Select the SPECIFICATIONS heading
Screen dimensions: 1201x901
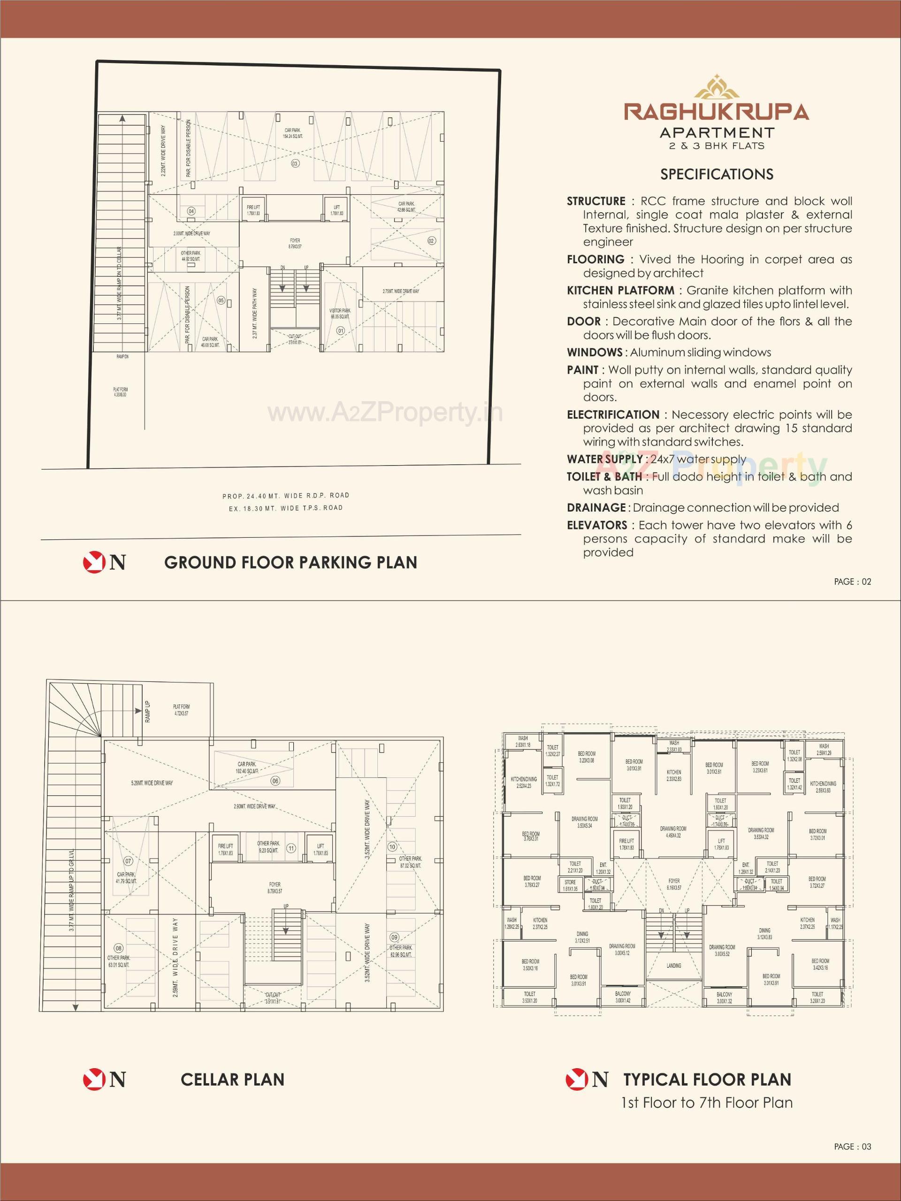[717, 174]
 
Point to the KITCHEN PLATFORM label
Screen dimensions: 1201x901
[620, 291]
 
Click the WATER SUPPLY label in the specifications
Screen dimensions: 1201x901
[604, 459]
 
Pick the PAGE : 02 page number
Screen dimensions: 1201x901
[852, 581]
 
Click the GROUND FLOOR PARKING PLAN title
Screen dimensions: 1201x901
[291, 563]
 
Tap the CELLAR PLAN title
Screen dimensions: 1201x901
[232, 1079]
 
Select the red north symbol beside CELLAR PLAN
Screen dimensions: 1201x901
[93, 1079]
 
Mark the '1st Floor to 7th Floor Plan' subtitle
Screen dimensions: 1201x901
[707, 1103]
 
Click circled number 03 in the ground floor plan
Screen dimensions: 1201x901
[295, 163]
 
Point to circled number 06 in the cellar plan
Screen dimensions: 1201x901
[275, 781]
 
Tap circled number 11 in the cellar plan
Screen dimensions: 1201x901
[291, 849]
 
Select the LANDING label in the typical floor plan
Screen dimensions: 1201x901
[673, 966]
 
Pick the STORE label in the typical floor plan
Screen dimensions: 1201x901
[570, 882]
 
